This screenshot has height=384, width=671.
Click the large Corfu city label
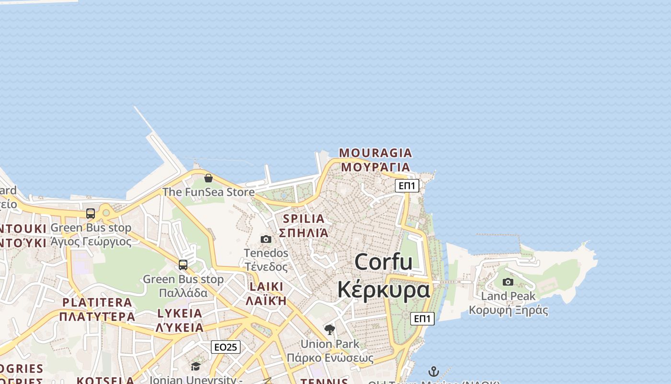[383, 262]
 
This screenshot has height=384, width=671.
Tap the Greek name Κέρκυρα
[383, 289]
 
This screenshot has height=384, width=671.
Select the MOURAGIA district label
[375, 153]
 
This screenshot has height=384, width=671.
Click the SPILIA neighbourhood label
[303, 219]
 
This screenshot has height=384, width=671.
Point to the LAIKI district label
[266, 287]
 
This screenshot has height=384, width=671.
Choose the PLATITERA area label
[97, 302]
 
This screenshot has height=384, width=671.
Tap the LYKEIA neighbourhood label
[180, 313]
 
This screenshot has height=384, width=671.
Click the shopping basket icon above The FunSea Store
[208, 179]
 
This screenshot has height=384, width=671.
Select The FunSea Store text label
[208, 192]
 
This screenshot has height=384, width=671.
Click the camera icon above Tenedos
[266, 239]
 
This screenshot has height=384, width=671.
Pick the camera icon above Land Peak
[508, 282]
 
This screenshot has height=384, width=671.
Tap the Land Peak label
[508, 296]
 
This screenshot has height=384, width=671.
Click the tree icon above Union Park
[329, 329]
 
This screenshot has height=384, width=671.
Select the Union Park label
[330, 344]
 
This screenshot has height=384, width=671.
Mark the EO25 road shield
[226, 347]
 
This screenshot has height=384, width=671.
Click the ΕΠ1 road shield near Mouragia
[407, 186]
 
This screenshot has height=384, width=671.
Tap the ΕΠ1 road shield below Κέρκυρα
[422, 318]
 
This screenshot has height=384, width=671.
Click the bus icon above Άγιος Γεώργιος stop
[91, 214]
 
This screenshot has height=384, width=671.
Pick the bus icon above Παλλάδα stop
[183, 264]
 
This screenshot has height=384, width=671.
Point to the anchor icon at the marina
[433, 372]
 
